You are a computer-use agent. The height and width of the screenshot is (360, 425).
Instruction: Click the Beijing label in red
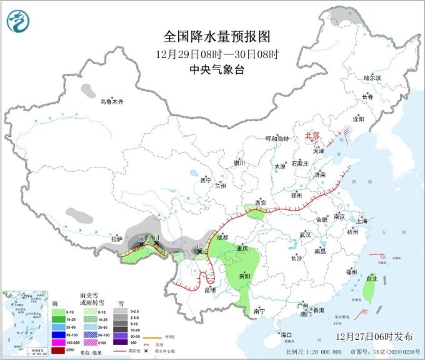312,136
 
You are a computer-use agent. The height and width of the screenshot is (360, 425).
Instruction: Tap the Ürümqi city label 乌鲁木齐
117,101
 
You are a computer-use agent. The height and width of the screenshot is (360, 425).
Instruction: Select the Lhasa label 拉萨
116,239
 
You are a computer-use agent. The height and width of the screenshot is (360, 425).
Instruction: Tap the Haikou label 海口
286,335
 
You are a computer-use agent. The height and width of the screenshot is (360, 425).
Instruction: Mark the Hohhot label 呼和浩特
278,139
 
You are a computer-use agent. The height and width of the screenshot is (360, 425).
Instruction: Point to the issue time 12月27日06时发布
374,336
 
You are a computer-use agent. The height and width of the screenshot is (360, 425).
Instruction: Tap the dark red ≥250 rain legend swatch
57,351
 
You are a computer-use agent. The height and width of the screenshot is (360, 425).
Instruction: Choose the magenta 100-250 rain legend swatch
57,343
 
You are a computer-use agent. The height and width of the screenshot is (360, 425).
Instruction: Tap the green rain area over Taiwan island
368,289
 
